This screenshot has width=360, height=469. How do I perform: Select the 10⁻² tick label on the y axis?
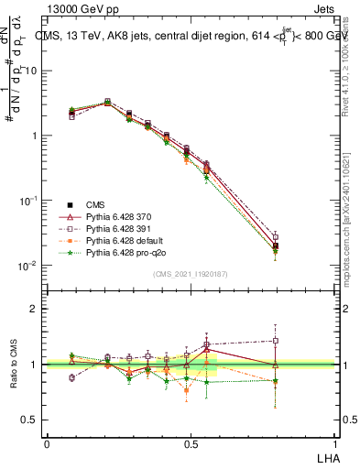(27, 266)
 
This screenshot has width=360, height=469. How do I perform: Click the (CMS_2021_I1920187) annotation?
(190, 273)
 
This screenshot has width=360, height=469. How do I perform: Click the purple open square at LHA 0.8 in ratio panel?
(276, 341)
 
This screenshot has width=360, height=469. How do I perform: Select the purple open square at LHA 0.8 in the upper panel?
(276, 237)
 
